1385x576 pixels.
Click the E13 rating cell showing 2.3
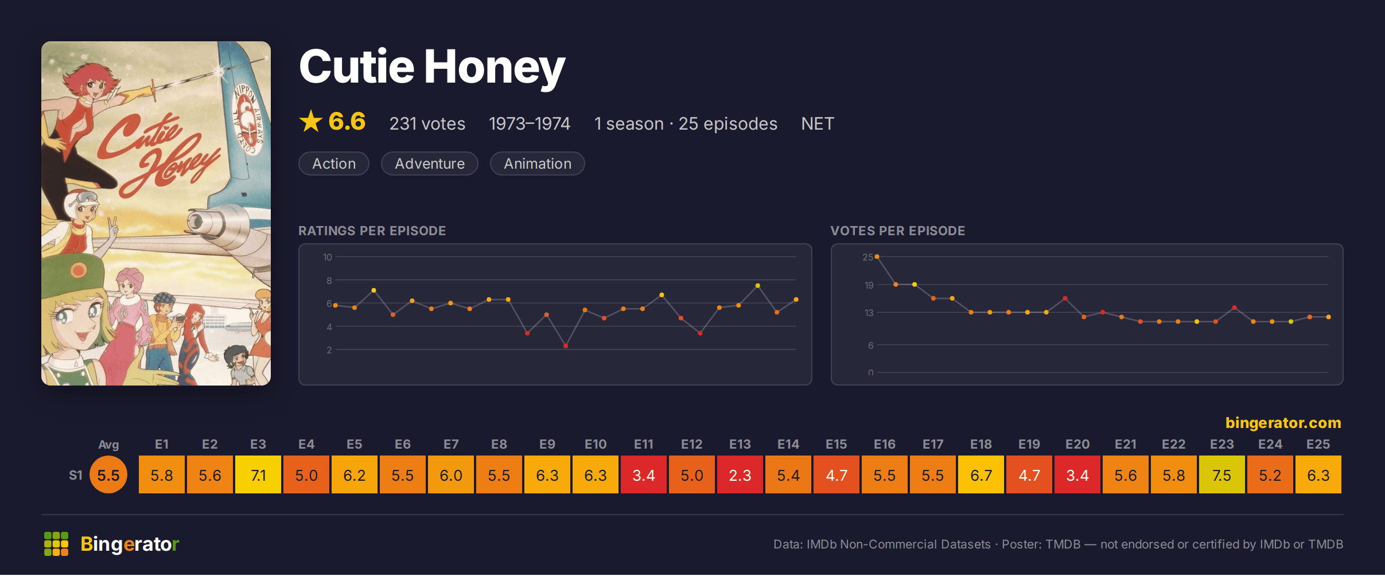[x=740, y=475]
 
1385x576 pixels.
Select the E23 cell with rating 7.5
[x=1222, y=475]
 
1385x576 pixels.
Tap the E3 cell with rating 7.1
[x=258, y=475]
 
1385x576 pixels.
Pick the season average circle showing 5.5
[x=108, y=475]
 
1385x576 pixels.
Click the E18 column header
[x=981, y=444]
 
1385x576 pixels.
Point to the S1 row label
[x=76, y=475]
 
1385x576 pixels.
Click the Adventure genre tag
[x=430, y=164]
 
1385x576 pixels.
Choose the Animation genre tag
[x=538, y=164]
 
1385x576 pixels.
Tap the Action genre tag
[x=334, y=164]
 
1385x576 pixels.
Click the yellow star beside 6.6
[x=311, y=121]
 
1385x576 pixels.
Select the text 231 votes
[x=427, y=123]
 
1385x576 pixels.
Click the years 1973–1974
[x=530, y=123]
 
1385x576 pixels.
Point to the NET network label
[x=818, y=123]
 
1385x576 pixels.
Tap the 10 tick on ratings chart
[x=327, y=257]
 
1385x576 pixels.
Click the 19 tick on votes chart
[x=869, y=285]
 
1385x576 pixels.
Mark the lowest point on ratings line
[x=566, y=346]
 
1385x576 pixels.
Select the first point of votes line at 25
[x=877, y=256]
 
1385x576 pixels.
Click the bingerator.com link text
[x=1283, y=423]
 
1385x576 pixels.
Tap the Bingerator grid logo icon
[x=56, y=544]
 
